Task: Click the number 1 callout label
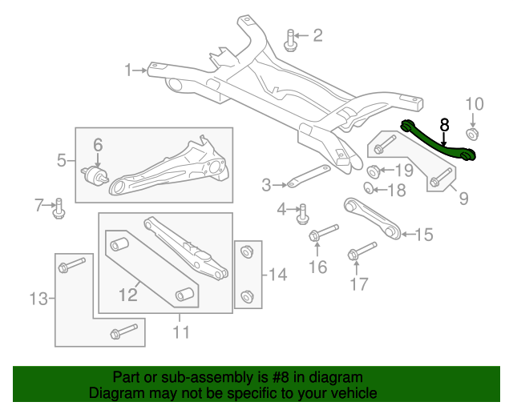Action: (x=128, y=70)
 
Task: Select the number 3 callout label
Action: (x=266, y=186)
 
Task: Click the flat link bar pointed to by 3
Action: (x=309, y=176)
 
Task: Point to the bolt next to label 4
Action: (x=304, y=213)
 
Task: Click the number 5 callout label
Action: (x=62, y=161)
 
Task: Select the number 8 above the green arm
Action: (x=444, y=125)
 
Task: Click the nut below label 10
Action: (x=473, y=133)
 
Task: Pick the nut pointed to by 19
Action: (x=374, y=171)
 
